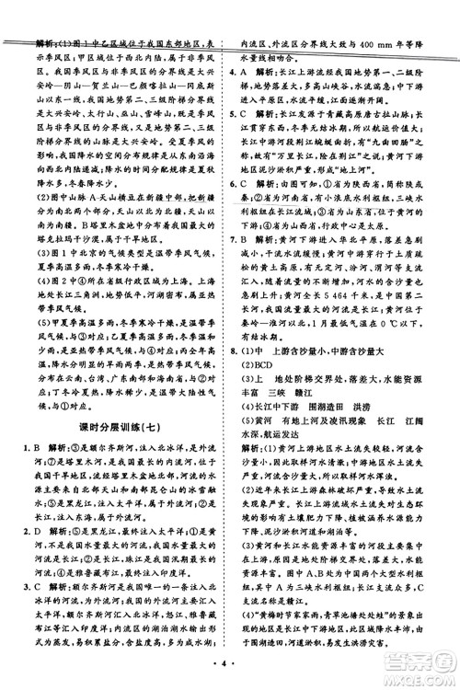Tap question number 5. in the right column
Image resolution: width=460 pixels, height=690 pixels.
click(247, 106)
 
